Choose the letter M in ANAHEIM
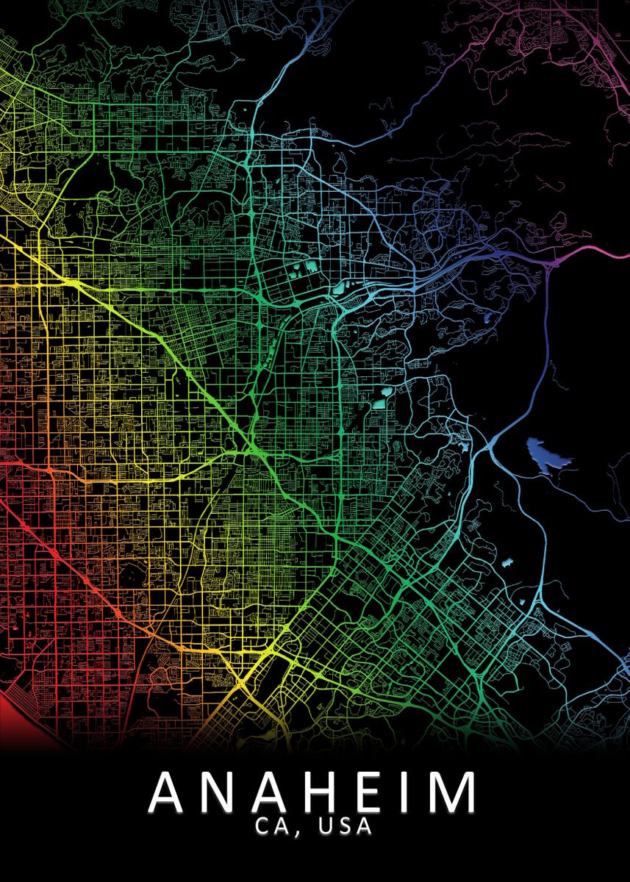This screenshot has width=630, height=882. (x=450, y=793)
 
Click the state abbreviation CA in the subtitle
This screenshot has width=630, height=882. (x=269, y=827)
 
